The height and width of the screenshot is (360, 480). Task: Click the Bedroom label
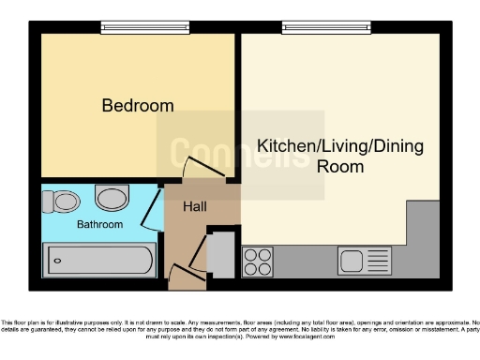point(138,106)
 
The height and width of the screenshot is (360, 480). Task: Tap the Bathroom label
point(99,225)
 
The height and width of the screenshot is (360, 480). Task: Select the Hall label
point(196,206)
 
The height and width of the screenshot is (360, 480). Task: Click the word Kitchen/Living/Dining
point(340,147)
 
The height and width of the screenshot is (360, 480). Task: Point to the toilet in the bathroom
point(66,201)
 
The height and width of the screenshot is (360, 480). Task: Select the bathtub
point(99,258)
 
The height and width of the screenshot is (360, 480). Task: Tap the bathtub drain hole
point(55,258)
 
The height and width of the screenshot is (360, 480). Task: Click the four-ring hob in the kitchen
point(257,259)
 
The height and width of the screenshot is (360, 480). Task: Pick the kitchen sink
point(352,260)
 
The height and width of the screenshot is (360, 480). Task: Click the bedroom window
point(138,26)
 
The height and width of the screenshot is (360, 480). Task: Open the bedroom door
point(200,171)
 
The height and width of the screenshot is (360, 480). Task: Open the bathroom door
point(149,213)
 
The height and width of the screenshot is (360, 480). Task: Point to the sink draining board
point(377,260)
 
